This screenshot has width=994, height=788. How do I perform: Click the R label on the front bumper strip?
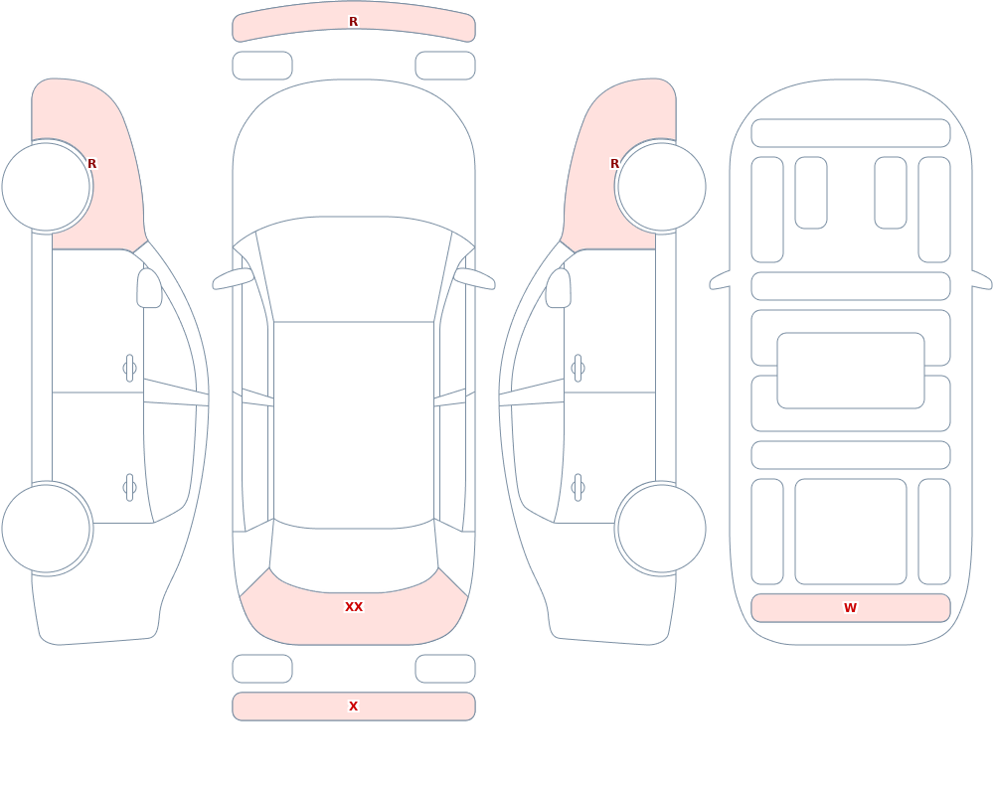click(x=353, y=22)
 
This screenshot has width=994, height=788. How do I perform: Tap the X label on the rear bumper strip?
click(x=353, y=707)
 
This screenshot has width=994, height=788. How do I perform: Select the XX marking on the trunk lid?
click(x=354, y=607)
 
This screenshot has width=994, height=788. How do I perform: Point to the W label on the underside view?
click(x=850, y=608)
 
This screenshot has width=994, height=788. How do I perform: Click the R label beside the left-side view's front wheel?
click(x=91, y=164)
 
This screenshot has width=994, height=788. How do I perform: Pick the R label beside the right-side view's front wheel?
click(x=614, y=164)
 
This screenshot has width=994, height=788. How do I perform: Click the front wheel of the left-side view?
click(x=47, y=187)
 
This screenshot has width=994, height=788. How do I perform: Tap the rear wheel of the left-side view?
click(x=47, y=529)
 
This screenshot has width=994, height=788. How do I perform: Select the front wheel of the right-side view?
click(x=661, y=187)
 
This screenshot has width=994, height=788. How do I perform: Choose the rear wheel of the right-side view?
click(x=661, y=529)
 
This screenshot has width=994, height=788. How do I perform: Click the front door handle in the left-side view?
click(x=130, y=369)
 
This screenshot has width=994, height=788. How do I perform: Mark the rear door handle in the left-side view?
click(x=130, y=488)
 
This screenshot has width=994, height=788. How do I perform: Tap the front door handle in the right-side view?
click(x=578, y=369)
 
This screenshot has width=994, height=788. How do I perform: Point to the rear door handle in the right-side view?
click(x=578, y=488)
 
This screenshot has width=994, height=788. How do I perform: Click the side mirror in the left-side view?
click(x=149, y=288)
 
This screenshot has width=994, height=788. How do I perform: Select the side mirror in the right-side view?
click(x=558, y=288)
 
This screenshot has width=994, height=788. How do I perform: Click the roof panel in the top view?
click(x=354, y=424)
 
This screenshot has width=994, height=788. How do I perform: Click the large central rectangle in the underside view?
click(x=851, y=371)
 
